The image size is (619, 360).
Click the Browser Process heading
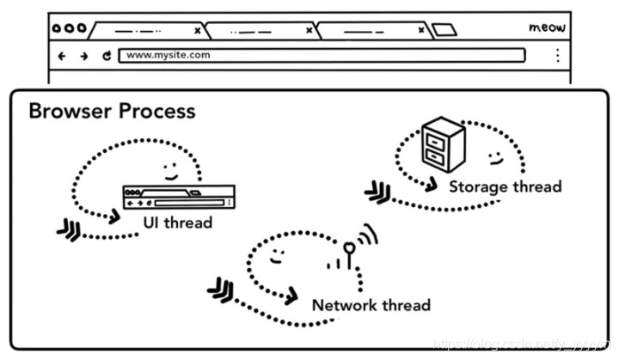click(x=112, y=112)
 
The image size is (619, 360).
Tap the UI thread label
click(x=177, y=223)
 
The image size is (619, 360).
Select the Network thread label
click(x=371, y=305)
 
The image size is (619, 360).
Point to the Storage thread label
click(x=505, y=186)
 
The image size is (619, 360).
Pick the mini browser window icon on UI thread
click(x=178, y=197)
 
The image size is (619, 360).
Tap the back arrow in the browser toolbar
click(x=61, y=56)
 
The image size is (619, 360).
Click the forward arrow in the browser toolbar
click(x=83, y=56)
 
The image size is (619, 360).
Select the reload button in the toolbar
click(x=107, y=56)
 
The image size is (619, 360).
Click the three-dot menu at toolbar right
click(x=557, y=56)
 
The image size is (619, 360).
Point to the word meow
click(x=547, y=27)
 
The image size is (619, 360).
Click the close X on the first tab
click(x=197, y=30)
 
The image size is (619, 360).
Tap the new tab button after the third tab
click(x=444, y=30)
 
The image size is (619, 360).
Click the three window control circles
click(x=69, y=27)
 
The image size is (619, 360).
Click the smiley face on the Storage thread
click(x=495, y=158)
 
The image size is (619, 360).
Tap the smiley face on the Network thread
click(x=275, y=255)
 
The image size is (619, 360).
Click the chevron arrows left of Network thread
click(x=220, y=290)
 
